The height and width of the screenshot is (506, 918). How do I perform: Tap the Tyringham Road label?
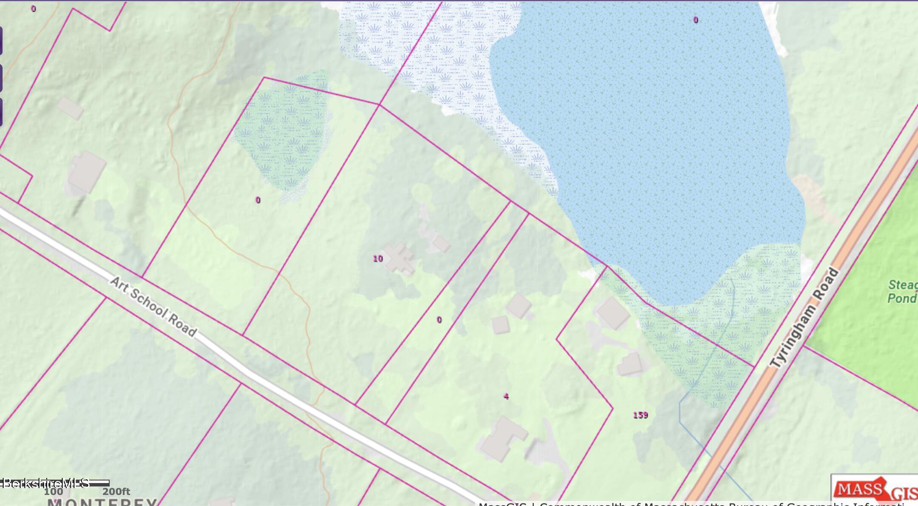[804, 318]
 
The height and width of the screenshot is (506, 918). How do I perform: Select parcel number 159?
[640, 415]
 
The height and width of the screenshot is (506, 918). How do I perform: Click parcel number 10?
[378, 259]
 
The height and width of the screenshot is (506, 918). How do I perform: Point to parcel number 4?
[506, 396]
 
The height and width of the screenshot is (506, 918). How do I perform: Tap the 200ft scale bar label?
[116, 492]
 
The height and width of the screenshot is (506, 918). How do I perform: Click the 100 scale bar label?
[54, 492]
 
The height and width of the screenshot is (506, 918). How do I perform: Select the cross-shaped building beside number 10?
[399, 259]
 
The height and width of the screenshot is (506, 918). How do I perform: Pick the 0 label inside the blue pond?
[696, 20]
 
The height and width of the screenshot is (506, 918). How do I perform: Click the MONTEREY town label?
[102, 502]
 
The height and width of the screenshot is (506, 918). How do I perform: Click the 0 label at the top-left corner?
[34, 9]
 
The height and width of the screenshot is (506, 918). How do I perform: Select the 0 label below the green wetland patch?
[258, 200]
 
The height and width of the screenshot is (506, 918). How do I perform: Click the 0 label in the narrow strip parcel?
[439, 320]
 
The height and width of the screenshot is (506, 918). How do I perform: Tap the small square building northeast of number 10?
[441, 244]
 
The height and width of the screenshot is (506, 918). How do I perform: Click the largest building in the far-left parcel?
[87, 171]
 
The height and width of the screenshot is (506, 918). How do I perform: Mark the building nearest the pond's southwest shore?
[613, 313]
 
